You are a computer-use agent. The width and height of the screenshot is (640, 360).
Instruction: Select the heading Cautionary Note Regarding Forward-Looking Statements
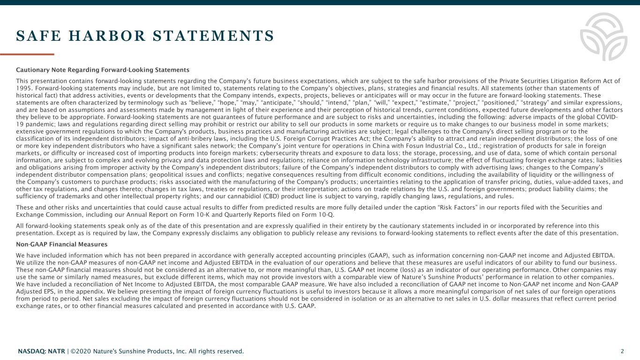pyautogui.click(x=103, y=70)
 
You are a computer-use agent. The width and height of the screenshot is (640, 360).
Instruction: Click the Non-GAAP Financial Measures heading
pyautogui.click(x=62, y=244)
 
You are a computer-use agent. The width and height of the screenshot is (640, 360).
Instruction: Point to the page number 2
pyautogui.click(x=622, y=351)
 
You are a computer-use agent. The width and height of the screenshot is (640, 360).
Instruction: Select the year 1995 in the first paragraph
pyautogui.click(x=23, y=87)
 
